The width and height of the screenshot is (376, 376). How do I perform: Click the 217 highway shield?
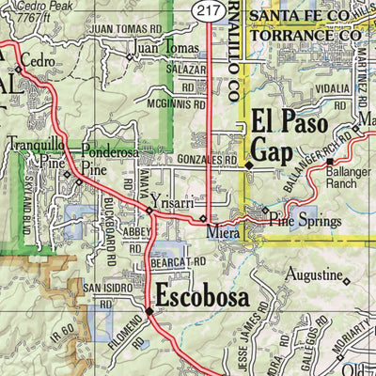209,8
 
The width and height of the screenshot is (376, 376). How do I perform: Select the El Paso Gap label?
290,136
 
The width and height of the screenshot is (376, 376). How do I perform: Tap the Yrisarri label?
171,202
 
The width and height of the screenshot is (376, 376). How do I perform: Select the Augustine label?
313,275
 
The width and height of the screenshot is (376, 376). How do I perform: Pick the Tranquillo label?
36,145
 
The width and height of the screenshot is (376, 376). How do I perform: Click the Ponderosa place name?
110,150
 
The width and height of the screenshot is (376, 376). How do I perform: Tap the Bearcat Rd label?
177,262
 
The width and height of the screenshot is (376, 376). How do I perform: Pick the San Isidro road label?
103,287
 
